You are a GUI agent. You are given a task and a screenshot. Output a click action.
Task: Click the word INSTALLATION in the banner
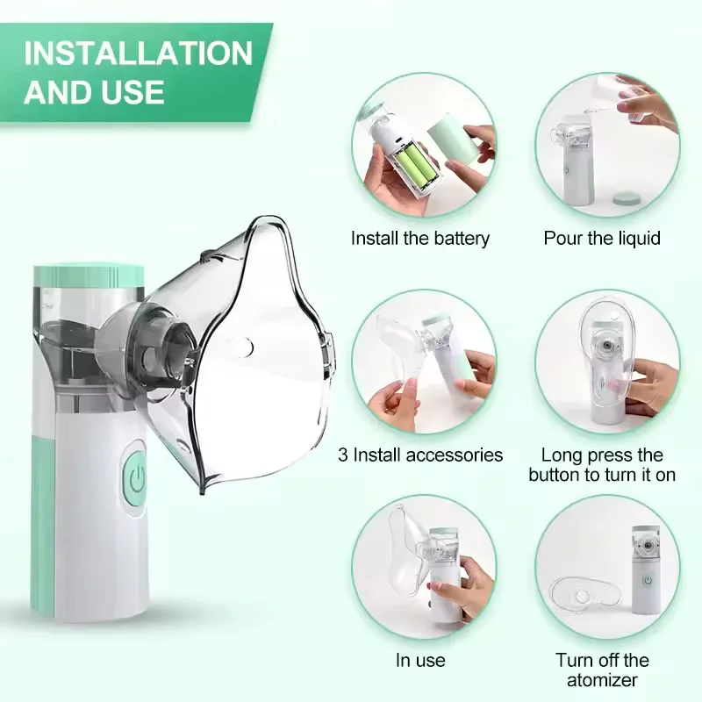pyautogui.click(x=139, y=54)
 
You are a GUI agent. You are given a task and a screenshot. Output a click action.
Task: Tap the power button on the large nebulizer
pyautogui.click(x=136, y=479)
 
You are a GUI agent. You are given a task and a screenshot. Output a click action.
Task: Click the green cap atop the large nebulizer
pyautogui.click(x=89, y=276)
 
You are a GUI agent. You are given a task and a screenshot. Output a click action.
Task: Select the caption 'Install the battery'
pyautogui.click(x=420, y=238)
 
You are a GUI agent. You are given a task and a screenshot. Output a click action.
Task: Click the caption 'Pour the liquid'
pyautogui.click(x=602, y=238)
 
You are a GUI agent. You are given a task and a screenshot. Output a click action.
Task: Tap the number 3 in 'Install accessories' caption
pyautogui.click(x=343, y=455)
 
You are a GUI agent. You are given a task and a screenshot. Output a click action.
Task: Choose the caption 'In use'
pyautogui.click(x=420, y=661)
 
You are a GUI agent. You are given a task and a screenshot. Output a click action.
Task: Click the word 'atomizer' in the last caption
pyautogui.click(x=602, y=680)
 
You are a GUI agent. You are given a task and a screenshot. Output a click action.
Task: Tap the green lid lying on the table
pyautogui.click(x=627, y=200)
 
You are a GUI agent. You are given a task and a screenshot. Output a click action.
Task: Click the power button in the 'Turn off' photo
pyautogui.click(x=648, y=580)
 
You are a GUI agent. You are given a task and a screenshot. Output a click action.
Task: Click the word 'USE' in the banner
pyautogui.click(x=133, y=92)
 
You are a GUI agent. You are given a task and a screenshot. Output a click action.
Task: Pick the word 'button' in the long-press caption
pyautogui.click(x=555, y=475)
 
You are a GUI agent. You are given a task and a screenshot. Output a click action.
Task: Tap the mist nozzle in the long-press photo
pyautogui.click(x=606, y=346)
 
